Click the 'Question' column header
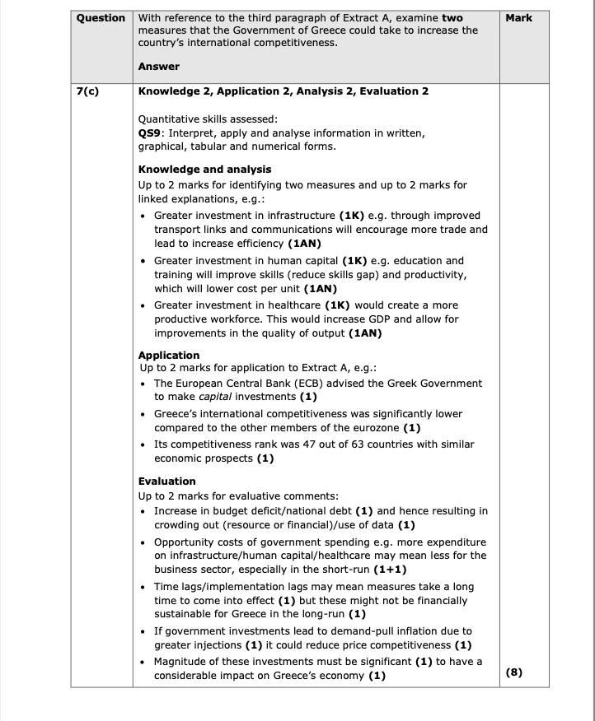pyautogui.click(x=101, y=17)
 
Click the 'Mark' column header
pyautogui.click(x=519, y=17)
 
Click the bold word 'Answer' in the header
pyautogui.click(x=159, y=67)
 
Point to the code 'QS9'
pyautogui.click(x=149, y=133)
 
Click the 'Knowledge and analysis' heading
pyautogui.click(x=201, y=170)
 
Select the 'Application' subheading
pyautogui.click(x=169, y=356)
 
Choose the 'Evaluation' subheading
pyautogui.click(x=167, y=481)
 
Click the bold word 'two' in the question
pyautogui.click(x=452, y=17)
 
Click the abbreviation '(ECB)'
pyautogui.click(x=332, y=384)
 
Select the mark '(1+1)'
pyautogui.click(x=390, y=569)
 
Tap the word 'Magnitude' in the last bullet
pyautogui.click(x=180, y=662)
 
